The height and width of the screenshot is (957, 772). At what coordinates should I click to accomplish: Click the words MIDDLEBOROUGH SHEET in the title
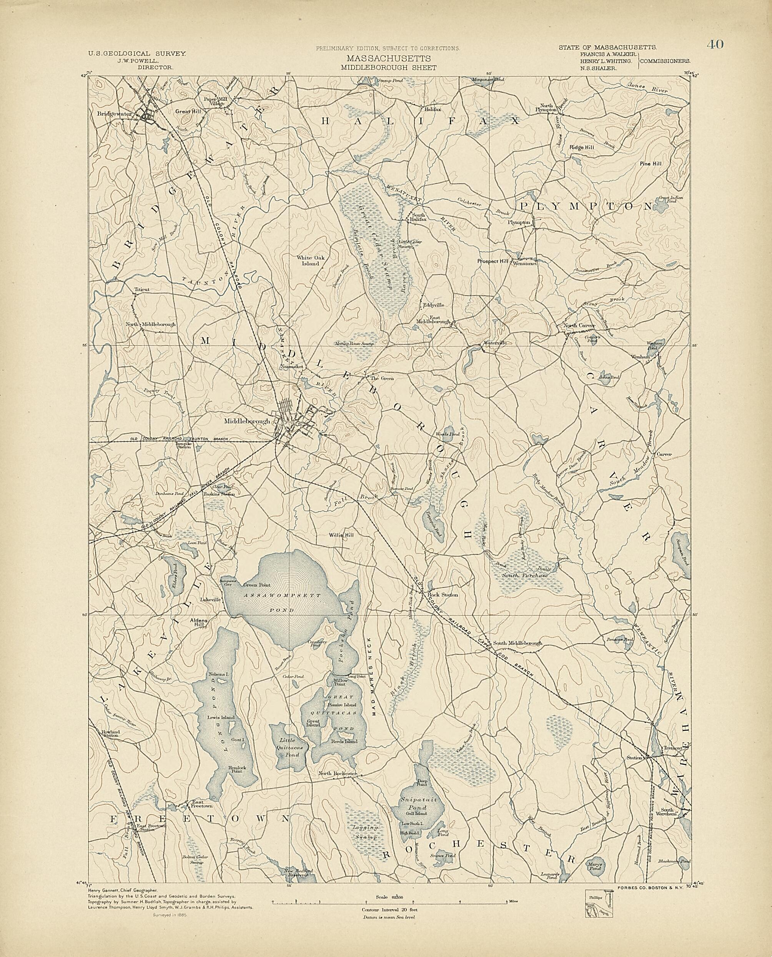pyautogui.click(x=388, y=68)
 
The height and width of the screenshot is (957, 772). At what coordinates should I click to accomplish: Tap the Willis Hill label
pyautogui.click(x=341, y=535)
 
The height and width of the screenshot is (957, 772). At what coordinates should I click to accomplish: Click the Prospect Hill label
pyautogui.click(x=493, y=261)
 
